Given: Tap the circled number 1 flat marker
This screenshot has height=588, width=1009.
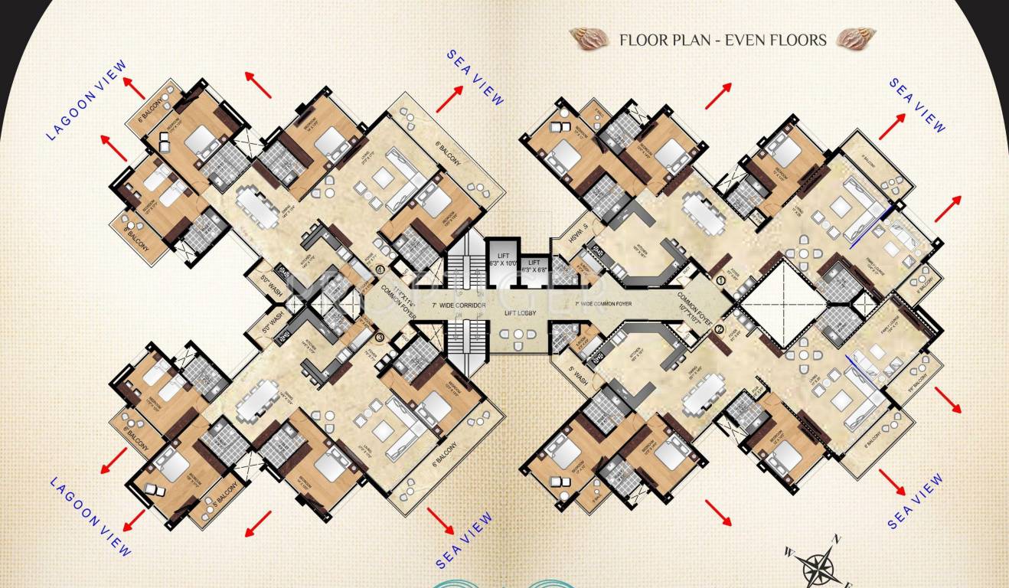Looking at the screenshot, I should coord(720,281).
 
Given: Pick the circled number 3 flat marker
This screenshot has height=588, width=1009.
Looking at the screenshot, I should coord(379,336).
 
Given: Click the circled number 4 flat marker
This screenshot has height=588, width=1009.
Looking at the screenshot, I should coord(380,269).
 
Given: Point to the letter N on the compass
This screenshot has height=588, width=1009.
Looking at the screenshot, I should coord(838,540).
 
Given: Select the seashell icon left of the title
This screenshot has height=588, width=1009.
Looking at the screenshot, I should coord(589,38).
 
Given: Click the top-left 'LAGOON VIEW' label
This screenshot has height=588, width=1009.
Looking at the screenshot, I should coord(86,101).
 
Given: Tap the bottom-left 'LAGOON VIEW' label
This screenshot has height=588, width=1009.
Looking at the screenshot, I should coord(90,517).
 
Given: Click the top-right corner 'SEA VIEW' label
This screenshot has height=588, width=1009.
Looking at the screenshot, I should coord(917,105).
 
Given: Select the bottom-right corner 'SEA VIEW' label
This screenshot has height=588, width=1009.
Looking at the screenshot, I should coord(916,502).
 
